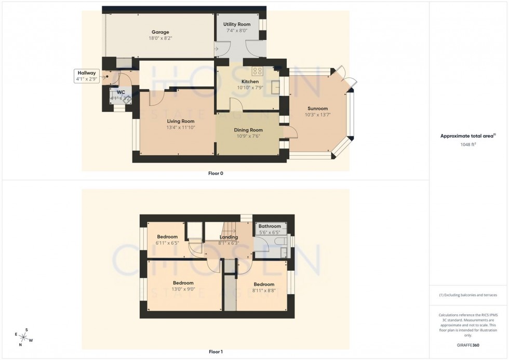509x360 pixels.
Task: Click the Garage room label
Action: [x=160, y=32]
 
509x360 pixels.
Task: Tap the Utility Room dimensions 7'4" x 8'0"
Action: [x=237, y=31]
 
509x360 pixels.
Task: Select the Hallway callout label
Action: [x=86, y=73]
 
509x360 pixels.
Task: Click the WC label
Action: [x=121, y=92]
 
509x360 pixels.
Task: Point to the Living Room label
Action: [x=177, y=121]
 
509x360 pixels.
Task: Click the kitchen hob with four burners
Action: [x=258, y=71]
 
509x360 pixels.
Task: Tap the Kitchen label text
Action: [x=250, y=82]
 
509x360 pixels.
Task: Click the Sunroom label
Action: [x=316, y=109]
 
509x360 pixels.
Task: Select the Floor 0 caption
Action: [x=216, y=174]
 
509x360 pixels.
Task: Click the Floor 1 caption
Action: [x=216, y=352]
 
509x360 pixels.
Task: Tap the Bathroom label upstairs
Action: [x=270, y=226]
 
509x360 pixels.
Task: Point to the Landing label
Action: [x=229, y=237]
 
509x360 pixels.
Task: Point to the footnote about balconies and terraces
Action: [x=468, y=295]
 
